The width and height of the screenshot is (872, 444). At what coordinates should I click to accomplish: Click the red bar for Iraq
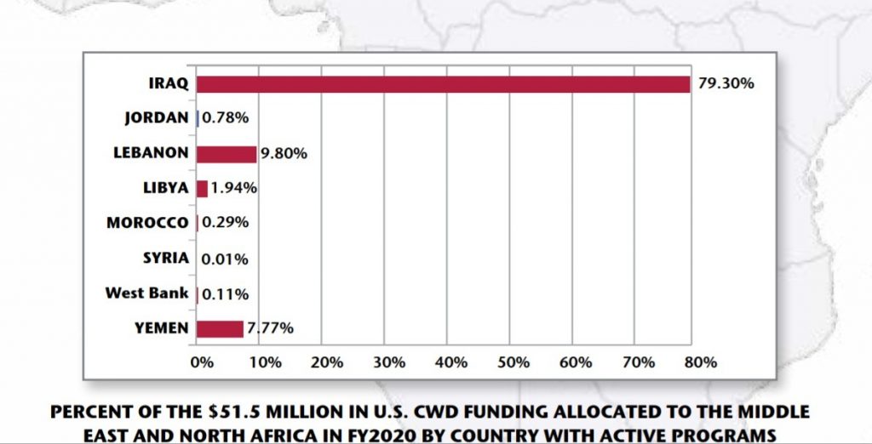pos(443,83)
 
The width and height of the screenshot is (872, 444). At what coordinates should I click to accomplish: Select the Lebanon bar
pos(227,154)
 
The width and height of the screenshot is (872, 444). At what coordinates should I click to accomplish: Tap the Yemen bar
pos(220,328)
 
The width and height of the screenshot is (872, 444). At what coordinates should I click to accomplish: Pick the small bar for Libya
pos(202,189)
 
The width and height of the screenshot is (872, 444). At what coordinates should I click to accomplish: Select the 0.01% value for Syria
pos(225,259)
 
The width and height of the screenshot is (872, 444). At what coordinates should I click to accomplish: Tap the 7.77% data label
pos(270,328)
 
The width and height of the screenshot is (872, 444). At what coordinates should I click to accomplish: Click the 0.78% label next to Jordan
pos(225,118)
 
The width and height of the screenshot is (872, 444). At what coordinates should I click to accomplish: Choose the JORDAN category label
pos(156,118)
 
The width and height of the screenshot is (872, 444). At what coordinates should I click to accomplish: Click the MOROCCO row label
pos(147,223)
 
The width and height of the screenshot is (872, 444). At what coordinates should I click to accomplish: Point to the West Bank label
pos(146,293)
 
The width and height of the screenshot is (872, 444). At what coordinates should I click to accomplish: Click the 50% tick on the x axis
pos(513,361)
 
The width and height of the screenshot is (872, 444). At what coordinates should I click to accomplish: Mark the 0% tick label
pos(202,361)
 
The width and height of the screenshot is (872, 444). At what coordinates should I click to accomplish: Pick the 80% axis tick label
pos(700,361)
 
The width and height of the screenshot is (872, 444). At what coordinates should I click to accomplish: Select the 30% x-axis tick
pos(389,361)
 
